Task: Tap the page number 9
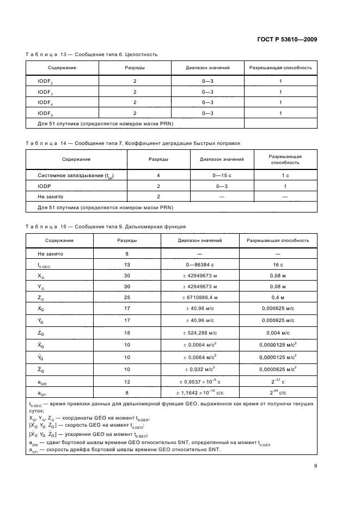click(315, 465)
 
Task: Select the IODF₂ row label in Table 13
click(46, 81)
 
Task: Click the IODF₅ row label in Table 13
click(46, 113)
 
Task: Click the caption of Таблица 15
click(106, 226)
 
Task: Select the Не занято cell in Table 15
click(51, 253)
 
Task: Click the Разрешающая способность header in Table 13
click(280, 68)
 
